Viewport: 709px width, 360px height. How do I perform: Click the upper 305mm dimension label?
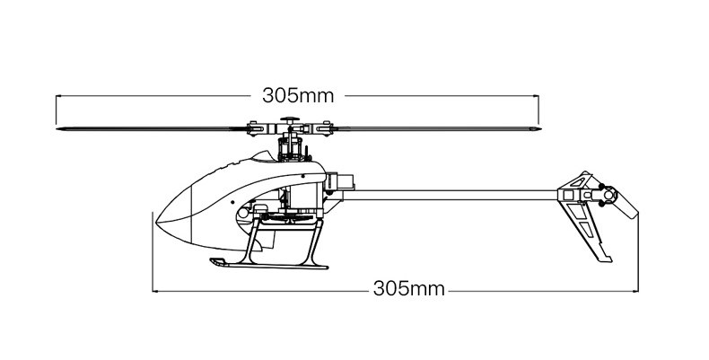click(298, 96)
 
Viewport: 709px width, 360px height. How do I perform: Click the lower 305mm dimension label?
click(408, 288)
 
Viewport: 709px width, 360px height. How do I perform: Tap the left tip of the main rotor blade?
click(57, 129)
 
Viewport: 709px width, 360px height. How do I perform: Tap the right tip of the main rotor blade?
click(540, 129)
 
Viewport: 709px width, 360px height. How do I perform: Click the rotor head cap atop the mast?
click(290, 119)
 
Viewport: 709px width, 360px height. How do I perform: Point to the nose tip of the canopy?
click(156, 223)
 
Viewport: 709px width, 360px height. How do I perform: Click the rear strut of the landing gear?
click(315, 243)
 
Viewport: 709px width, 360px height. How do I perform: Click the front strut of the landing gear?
click(253, 242)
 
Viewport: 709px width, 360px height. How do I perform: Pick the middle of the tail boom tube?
click(450, 195)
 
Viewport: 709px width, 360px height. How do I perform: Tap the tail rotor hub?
click(608, 196)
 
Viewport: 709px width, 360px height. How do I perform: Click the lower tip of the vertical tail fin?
click(606, 259)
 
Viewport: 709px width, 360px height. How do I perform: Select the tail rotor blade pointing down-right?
click(626, 205)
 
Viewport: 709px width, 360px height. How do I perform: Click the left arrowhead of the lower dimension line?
click(154, 291)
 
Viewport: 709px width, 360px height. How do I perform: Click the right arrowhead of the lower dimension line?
click(636, 291)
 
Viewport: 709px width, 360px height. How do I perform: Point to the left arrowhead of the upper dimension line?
click(57, 96)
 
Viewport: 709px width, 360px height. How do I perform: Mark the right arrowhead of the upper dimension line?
click(537, 96)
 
